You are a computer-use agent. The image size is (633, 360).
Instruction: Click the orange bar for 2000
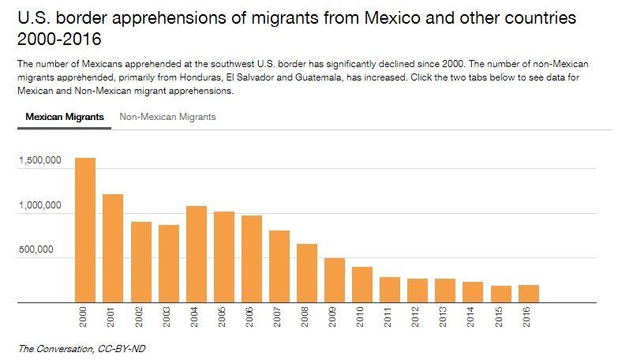click(85, 230)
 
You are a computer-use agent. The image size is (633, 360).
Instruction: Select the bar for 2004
click(197, 254)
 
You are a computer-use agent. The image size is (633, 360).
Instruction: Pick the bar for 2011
click(390, 289)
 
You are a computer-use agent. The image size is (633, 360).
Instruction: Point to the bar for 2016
click(528, 293)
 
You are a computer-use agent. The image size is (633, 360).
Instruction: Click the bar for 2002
click(140, 261)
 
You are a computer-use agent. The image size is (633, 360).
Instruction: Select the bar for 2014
click(473, 291)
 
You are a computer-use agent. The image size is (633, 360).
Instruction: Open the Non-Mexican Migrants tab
click(167, 117)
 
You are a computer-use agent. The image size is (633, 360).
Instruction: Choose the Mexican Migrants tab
click(64, 117)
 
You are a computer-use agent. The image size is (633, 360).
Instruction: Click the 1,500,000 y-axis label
click(39, 161)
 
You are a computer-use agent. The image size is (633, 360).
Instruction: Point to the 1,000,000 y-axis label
click(39, 205)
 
